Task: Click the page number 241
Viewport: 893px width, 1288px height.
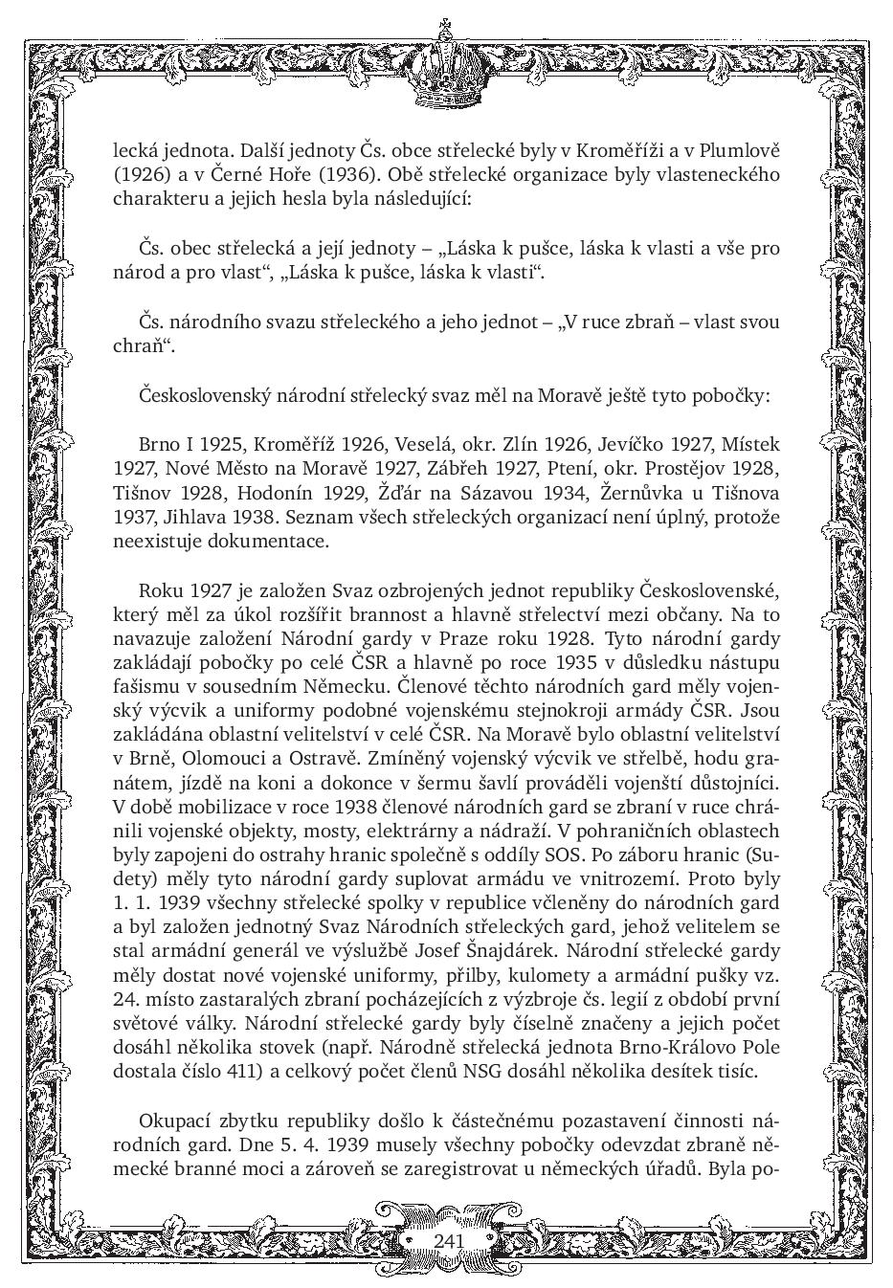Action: click(x=448, y=1240)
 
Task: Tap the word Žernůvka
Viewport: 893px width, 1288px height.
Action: click(x=645, y=493)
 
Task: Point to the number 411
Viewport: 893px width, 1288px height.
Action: click(x=239, y=1071)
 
